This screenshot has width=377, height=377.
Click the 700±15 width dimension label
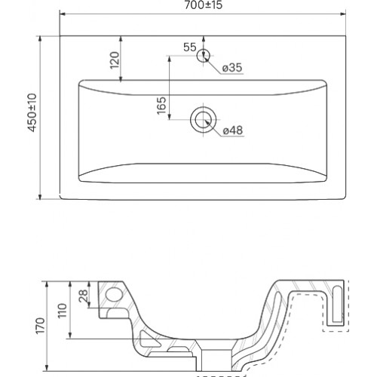point(204,5)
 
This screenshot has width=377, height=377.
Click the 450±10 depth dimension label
point(32,112)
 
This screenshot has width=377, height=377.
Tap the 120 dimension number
point(115,60)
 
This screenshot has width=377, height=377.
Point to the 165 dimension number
point(161,106)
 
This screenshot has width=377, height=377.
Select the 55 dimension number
point(190,47)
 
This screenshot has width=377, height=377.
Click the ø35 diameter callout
point(232,67)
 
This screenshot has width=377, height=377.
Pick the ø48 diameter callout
point(233,130)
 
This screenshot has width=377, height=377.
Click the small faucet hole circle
point(203,56)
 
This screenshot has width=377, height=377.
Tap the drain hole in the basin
point(204,120)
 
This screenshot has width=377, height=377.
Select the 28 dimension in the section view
point(84,296)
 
